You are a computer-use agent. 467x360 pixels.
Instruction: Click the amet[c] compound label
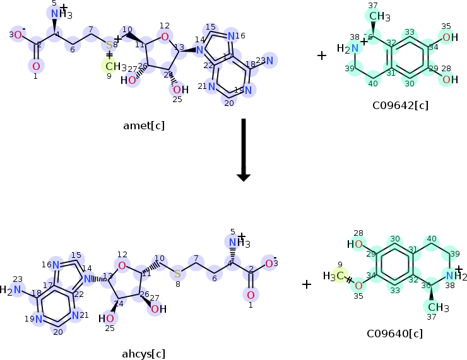click(145, 125)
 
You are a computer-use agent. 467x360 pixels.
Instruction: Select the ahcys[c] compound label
click(145, 353)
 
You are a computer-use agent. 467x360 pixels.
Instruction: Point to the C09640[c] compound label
click(394, 334)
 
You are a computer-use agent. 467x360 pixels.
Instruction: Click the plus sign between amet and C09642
click(321, 55)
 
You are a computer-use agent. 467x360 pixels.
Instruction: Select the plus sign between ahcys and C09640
click(306, 284)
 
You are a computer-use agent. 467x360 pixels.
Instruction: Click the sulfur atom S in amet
click(109, 45)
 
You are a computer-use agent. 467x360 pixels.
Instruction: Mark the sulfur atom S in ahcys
click(177, 273)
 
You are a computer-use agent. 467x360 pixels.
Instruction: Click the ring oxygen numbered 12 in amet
click(165, 37)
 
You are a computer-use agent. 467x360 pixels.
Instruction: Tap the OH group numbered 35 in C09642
click(447, 38)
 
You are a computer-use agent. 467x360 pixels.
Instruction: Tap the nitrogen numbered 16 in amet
click(232, 36)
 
